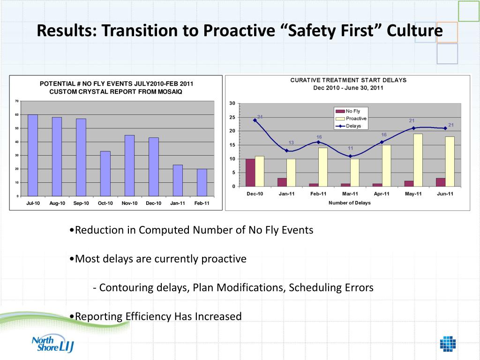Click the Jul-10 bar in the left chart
point(33,155)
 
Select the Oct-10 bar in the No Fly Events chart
point(105,173)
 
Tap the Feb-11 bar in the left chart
point(202,182)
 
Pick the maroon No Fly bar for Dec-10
point(251,173)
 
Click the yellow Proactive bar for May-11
point(418,160)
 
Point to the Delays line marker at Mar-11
point(350,156)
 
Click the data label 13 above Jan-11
point(291,142)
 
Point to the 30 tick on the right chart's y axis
point(232,104)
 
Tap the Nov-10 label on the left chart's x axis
point(129,203)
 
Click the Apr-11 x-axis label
point(382,194)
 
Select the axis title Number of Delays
point(349,203)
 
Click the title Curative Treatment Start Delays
point(348,80)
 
